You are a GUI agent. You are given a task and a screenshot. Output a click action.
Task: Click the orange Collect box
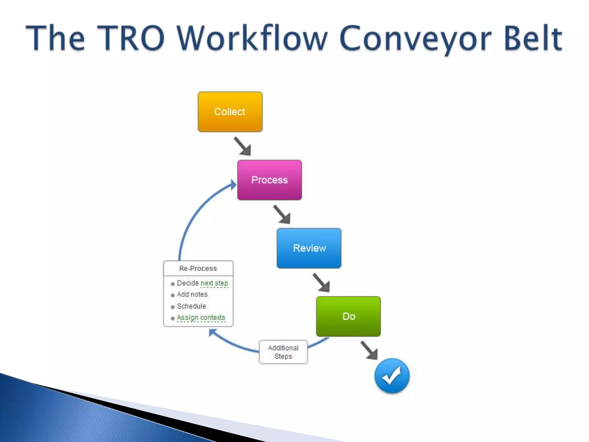(230, 112)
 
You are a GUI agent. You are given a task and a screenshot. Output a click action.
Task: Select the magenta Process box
(269, 180)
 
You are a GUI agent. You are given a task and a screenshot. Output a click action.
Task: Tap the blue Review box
(309, 248)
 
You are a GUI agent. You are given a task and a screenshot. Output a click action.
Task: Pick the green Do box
(348, 316)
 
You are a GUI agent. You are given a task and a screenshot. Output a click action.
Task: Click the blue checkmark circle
(392, 376)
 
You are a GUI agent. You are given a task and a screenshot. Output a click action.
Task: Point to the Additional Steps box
(283, 352)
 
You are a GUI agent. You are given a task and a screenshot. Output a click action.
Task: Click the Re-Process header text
(198, 268)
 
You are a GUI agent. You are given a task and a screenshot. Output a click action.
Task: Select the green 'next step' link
(214, 283)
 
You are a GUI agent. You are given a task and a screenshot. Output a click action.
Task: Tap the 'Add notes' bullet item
(192, 294)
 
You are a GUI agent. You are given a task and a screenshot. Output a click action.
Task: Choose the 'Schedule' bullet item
(191, 306)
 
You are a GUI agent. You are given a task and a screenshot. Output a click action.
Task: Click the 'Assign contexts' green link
(201, 318)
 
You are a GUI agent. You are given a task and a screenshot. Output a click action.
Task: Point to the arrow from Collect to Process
(243, 146)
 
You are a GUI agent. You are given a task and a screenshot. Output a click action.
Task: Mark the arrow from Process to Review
(282, 214)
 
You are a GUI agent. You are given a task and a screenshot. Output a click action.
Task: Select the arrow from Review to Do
(322, 283)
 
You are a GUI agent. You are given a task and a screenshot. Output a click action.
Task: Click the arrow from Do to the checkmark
(369, 350)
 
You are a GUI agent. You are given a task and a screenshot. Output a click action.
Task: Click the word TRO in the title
(131, 38)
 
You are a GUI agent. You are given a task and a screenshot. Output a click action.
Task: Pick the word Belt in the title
(533, 38)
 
